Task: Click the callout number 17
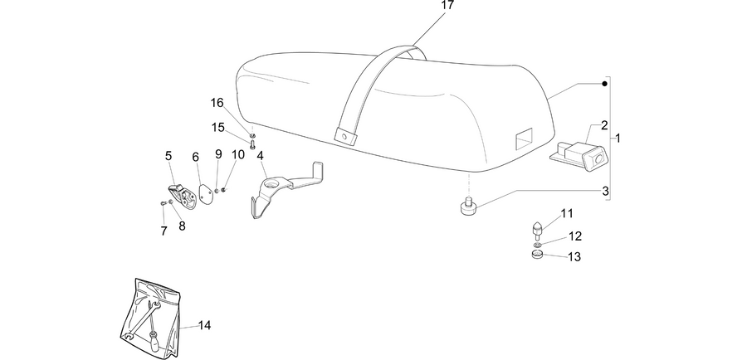(447, 5)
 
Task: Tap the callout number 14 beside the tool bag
(204, 325)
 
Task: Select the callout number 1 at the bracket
(618, 139)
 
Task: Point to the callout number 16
(217, 102)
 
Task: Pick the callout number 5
(168, 156)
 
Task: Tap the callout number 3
(605, 192)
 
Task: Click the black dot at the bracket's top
(604, 84)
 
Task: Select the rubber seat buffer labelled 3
(468, 207)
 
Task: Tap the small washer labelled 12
(537, 245)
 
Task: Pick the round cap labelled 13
(537, 255)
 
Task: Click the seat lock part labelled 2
(579, 155)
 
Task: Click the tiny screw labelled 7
(163, 203)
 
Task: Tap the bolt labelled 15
(253, 143)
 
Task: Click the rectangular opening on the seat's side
(524, 139)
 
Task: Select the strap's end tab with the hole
(345, 136)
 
